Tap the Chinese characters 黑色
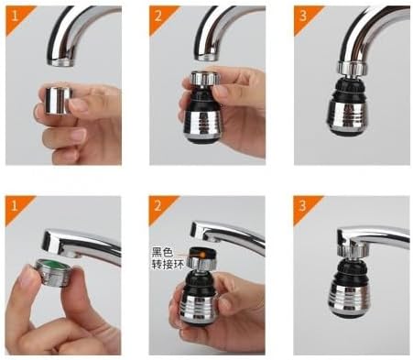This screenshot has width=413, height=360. click(x=163, y=252)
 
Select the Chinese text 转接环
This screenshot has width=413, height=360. click(x=168, y=265)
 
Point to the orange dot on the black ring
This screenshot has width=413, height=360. click(x=202, y=254)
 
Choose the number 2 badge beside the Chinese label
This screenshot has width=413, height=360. click(x=158, y=206)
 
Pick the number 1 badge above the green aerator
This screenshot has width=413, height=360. click(x=14, y=206)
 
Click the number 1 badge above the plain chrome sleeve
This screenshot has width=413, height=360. click(x=15, y=16)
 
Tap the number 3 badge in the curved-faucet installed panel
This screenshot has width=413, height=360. click(x=303, y=16)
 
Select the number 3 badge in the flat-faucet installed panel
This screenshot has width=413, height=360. click(x=302, y=206)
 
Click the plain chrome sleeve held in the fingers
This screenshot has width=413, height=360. click(x=58, y=101)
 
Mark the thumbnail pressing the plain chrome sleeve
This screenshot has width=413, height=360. click(x=78, y=104)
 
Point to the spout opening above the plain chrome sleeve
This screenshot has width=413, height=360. click(x=60, y=62)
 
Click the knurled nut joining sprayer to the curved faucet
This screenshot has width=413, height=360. click(x=353, y=69)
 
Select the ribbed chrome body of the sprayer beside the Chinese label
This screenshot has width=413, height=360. click(x=200, y=308)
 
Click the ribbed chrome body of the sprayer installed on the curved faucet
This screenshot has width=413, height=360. click(x=348, y=115)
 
